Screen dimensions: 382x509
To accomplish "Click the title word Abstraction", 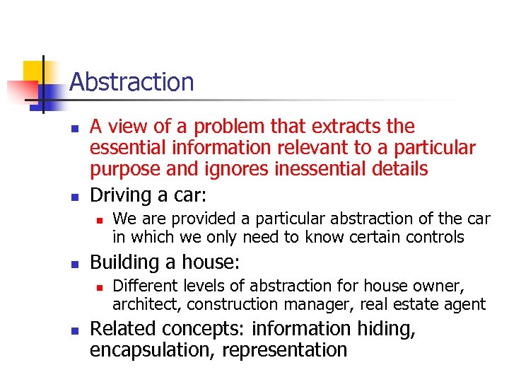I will [131, 83].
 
